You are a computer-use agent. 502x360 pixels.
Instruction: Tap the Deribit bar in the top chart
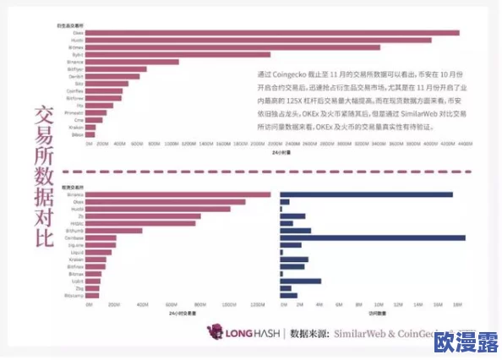[x=115, y=76]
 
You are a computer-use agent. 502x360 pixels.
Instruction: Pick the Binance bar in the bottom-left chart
[x=178, y=194]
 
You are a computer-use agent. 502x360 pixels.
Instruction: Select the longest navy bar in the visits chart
[x=373, y=237]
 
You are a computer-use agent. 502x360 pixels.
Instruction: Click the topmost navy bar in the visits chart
[x=366, y=194]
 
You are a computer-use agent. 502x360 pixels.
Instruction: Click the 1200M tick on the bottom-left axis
[x=256, y=304]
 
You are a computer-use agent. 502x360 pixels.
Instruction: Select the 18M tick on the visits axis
[x=456, y=304]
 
